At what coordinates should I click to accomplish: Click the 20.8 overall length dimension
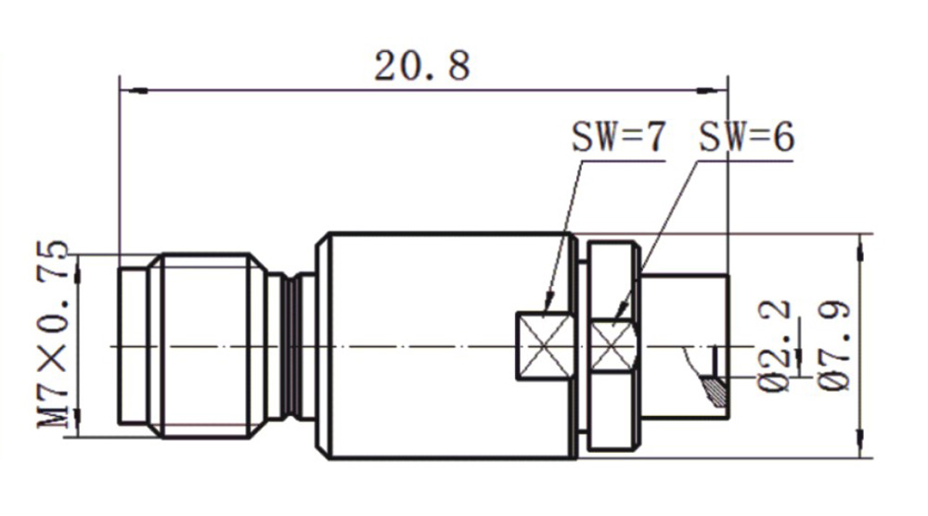coord(422,65)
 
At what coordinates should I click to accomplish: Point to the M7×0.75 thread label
coord(54,334)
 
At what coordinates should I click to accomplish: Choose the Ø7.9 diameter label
coord(835,346)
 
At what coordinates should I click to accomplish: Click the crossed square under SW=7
coord(545,346)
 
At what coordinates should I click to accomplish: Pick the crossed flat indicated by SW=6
coord(613,346)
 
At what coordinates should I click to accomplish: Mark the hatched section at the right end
coord(715,391)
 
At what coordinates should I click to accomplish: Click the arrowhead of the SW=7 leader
coord(549,301)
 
